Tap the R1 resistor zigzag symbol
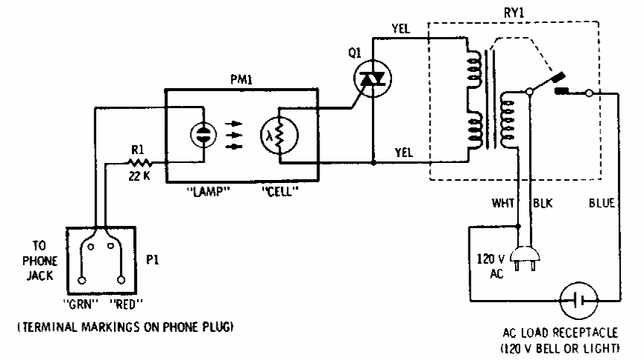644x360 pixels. pyautogui.click(x=139, y=160)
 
